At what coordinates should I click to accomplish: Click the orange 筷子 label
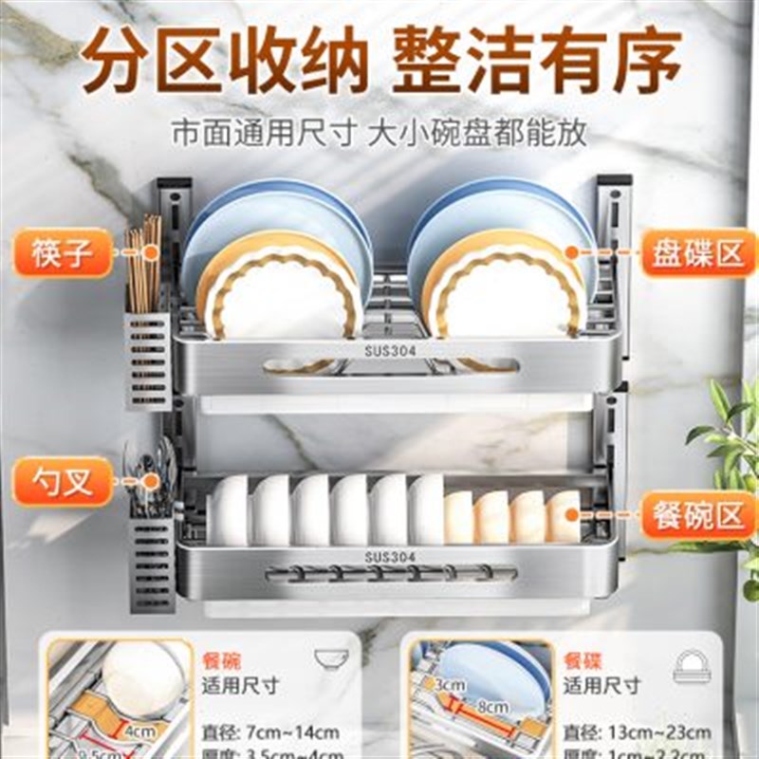click(x=63, y=252)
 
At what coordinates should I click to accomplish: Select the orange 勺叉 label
click(x=63, y=482)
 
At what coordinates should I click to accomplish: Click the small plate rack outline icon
click(x=692, y=666)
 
